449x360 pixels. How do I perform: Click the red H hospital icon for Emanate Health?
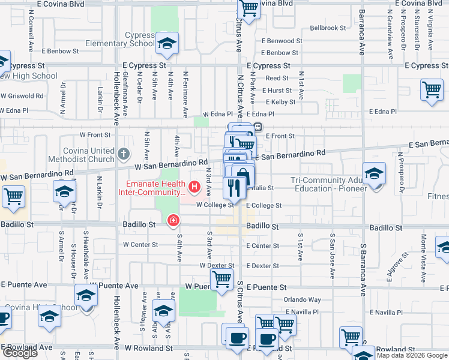click(194, 188)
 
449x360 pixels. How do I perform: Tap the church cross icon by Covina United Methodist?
click(124, 154)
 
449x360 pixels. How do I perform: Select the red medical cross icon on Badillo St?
click(173, 221)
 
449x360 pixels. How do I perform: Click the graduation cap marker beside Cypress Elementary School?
click(167, 44)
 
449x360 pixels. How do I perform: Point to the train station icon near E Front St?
click(257, 127)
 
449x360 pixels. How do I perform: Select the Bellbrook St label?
click(328, 28)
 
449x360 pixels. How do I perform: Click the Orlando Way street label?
click(303, 300)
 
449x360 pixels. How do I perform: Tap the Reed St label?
click(277, 78)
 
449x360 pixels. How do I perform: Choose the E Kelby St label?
click(279, 102)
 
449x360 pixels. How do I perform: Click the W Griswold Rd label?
click(22, 95)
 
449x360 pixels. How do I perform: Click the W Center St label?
click(140, 245)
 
